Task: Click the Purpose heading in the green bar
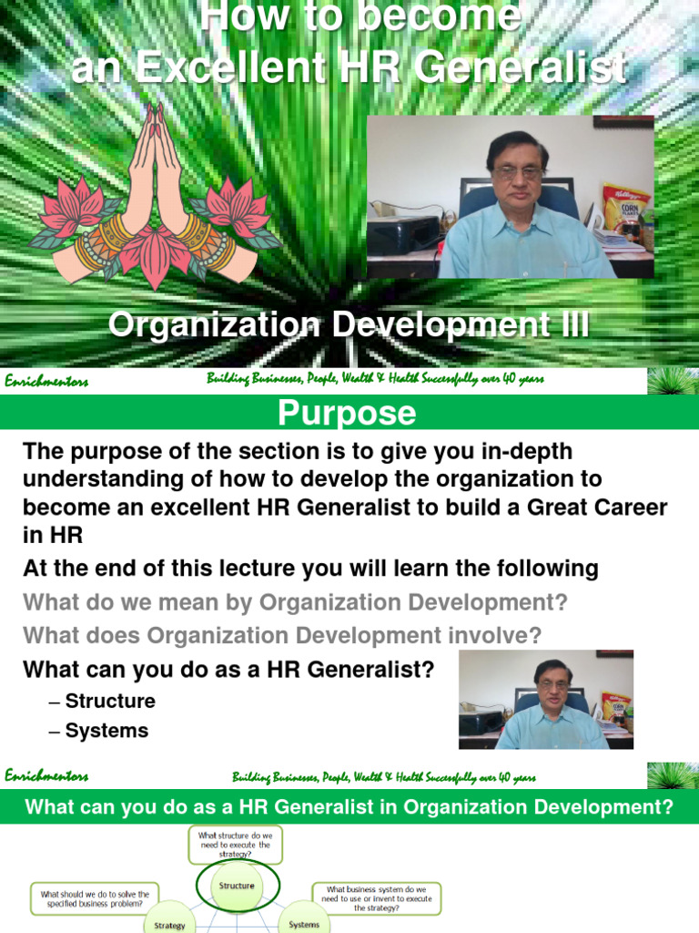click(347, 414)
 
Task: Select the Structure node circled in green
click(237, 886)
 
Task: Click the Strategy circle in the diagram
click(169, 922)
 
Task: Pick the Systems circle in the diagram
click(304, 922)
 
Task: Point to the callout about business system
click(377, 897)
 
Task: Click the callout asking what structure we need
click(236, 845)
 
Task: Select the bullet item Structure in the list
click(109, 702)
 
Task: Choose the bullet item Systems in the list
click(106, 731)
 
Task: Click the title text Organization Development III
click(349, 325)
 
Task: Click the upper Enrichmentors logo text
click(46, 382)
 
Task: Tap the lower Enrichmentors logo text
click(46, 776)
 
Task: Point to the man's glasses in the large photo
click(516, 170)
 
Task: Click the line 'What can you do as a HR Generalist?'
click(228, 670)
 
